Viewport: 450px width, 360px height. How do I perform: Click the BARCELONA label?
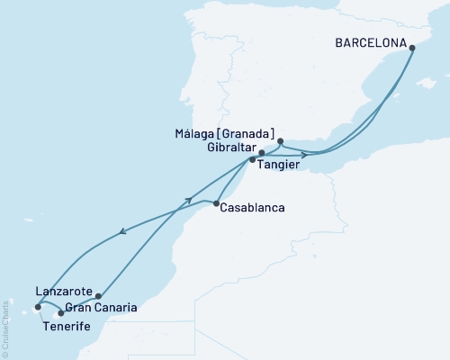369,41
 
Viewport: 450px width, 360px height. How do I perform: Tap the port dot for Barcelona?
412,49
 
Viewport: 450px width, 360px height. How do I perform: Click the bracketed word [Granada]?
250,133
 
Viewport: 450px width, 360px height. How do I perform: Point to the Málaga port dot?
281,141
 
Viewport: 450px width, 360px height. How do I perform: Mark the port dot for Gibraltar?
261,153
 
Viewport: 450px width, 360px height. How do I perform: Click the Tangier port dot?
253,160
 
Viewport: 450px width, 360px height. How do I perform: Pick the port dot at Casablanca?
217,204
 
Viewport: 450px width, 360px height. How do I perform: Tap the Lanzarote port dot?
97,295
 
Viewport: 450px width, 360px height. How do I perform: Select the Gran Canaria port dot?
60,312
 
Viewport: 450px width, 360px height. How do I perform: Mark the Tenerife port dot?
38,306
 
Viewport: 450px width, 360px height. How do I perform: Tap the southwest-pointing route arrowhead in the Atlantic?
122,237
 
